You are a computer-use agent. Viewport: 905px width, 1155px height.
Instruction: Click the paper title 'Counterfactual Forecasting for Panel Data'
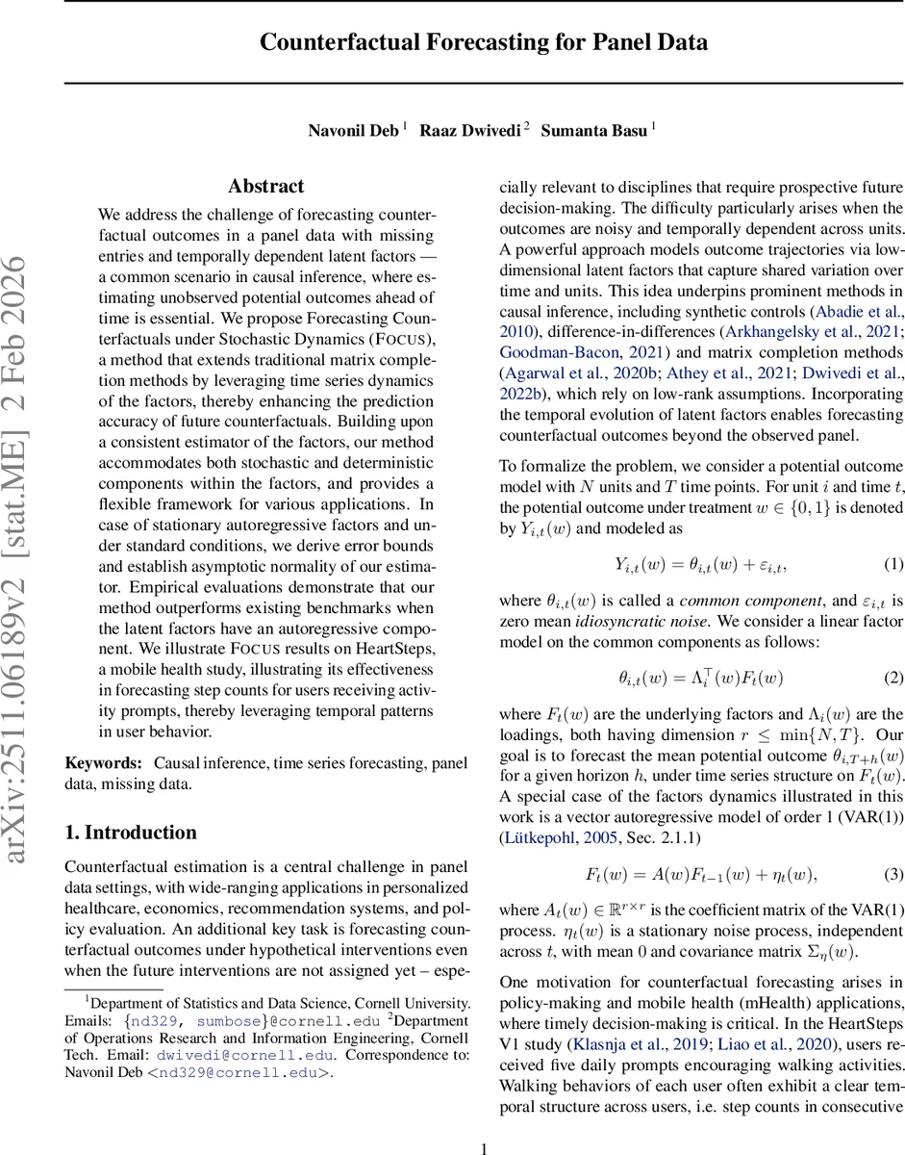[x=484, y=42]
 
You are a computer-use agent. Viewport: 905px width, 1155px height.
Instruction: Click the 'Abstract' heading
[x=265, y=187]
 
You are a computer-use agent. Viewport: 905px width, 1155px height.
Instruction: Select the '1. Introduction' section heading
[x=131, y=833]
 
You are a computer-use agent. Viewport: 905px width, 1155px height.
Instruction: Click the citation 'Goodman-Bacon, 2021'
[x=562, y=352]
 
